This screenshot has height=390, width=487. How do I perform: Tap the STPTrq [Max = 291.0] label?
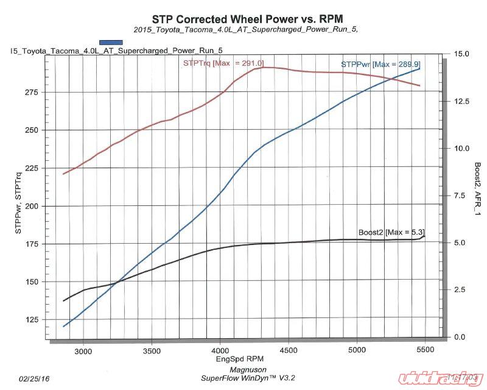pos(223,63)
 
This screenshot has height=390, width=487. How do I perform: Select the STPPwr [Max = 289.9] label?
pos(380,64)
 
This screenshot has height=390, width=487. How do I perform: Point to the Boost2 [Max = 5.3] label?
pos(391,232)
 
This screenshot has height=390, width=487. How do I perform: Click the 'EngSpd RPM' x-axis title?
pos(238,359)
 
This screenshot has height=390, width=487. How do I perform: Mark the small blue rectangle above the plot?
pos(111,41)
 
